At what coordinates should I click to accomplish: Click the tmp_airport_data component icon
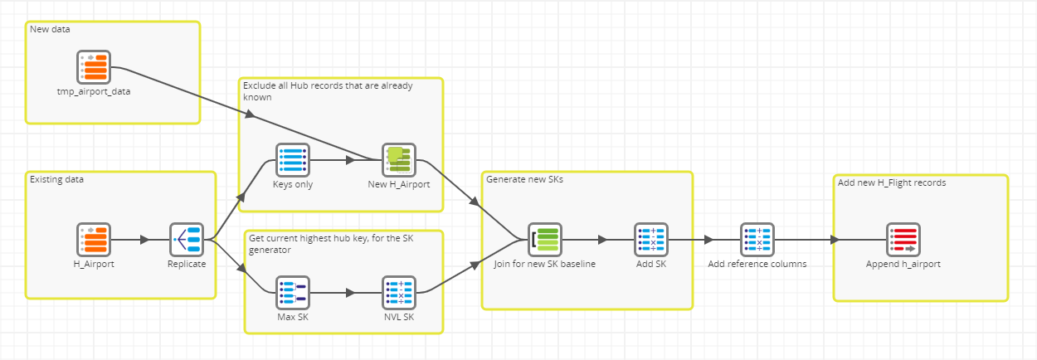[x=94, y=67]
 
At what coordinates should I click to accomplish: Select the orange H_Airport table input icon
[x=94, y=240]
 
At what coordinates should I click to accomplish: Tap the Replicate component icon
[x=187, y=240]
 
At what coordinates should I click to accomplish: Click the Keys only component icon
[x=293, y=160]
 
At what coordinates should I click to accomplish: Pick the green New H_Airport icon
[x=399, y=160]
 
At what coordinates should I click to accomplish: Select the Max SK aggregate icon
[x=293, y=293]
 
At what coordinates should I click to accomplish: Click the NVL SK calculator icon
[x=399, y=293]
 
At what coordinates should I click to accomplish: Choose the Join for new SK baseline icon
[x=545, y=240]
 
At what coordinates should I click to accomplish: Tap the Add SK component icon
[x=651, y=240]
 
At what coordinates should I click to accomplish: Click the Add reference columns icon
[x=757, y=240]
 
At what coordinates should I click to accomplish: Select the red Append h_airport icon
[x=903, y=240]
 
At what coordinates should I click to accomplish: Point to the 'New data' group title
[x=50, y=29]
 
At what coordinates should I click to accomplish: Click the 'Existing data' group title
[x=56, y=179]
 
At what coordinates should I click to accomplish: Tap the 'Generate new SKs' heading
[x=524, y=179]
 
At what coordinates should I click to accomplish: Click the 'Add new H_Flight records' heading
[x=892, y=182]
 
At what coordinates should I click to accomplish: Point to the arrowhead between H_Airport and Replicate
[x=144, y=240]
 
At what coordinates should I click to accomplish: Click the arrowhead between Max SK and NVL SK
[x=350, y=293]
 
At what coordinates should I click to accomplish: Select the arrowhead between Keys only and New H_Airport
[x=350, y=160]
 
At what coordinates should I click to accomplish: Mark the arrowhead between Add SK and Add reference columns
[x=708, y=240]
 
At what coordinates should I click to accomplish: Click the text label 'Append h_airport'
[x=903, y=265]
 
